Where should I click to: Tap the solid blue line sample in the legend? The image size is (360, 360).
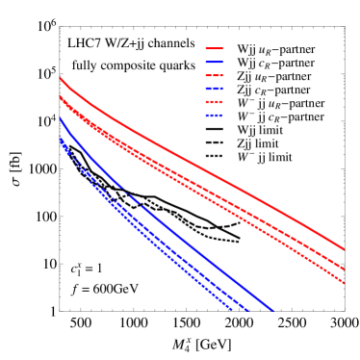(x=214, y=62)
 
